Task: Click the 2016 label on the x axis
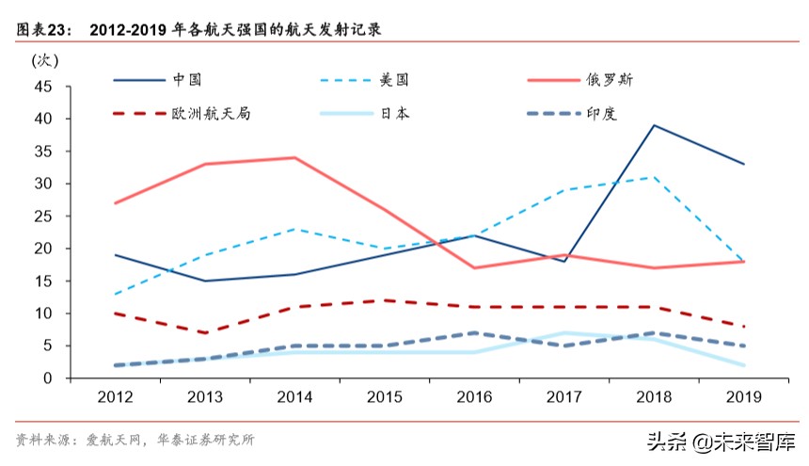[x=474, y=397]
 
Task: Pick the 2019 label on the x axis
[x=743, y=397]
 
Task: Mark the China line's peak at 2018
[x=654, y=125]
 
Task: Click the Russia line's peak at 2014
[x=295, y=157]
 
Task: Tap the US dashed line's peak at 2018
[x=654, y=177]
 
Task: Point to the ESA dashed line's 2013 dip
[x=206, y=332]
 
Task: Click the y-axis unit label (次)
[x=45, y=61]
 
